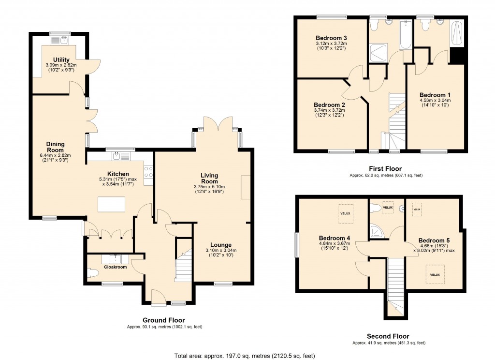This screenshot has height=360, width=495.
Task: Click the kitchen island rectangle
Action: [x=111, y=204]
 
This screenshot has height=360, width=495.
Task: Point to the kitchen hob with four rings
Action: [x=148, y=172]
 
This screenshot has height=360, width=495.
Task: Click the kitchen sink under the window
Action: [x=117, y=156]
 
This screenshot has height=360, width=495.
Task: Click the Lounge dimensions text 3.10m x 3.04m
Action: [x=220, y=250]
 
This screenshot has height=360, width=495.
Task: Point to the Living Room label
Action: [x=209, y=178]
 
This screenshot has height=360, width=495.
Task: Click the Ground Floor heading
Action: [x=163, y=320]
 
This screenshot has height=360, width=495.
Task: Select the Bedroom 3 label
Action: [x=331, y=38]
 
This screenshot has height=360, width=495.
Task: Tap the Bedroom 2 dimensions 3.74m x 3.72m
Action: [x=329, y=110]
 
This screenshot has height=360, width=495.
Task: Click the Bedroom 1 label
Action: [x=435, y=95]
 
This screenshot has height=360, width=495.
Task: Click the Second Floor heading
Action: [x=388, y=336]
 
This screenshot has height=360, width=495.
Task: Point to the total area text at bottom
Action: [x=245, y=356]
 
